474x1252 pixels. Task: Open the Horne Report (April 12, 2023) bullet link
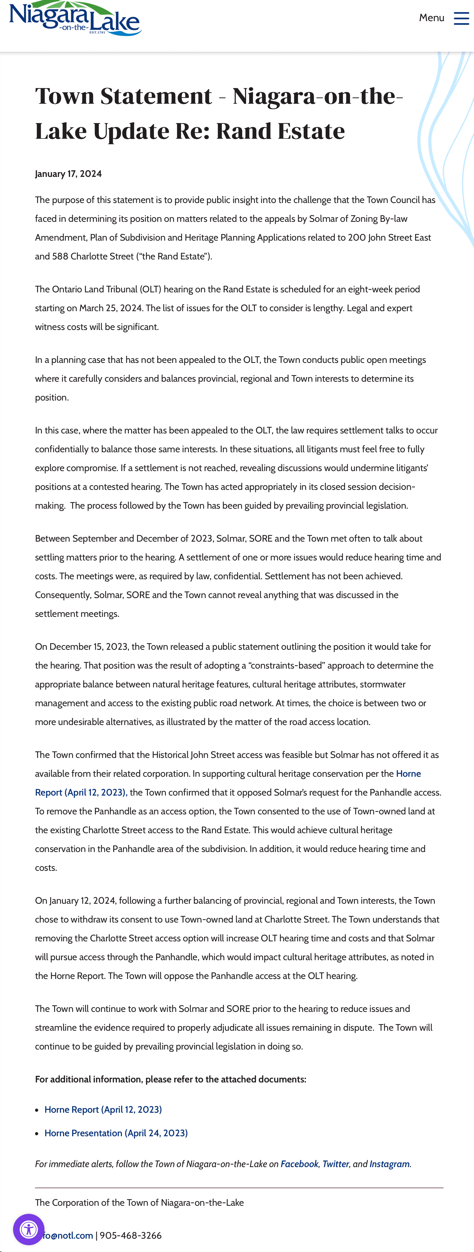pyautogui.click(x=103, y=1110)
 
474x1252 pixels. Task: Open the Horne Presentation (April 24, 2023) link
pyautogui.click(x=116, y=1133)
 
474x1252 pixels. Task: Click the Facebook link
pyautogui.click(x=299, y=1164)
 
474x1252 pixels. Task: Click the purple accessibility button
pyautogui.click(x=29, y=1230)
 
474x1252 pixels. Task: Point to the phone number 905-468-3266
pyautogui.click(x=131, y=1236)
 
